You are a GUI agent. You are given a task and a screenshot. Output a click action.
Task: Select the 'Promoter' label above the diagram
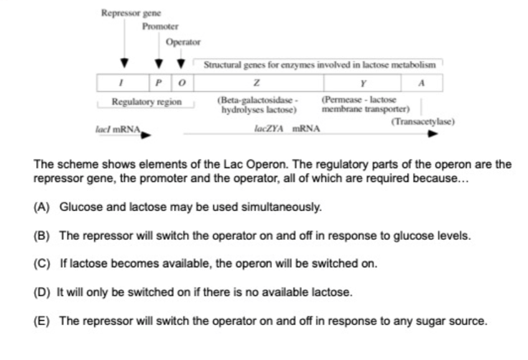159,27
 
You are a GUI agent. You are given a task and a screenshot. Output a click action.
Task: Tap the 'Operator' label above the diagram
183,42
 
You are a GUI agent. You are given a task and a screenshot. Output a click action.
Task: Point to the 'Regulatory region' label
146,102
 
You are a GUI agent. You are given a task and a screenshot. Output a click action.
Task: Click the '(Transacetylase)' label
423,121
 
